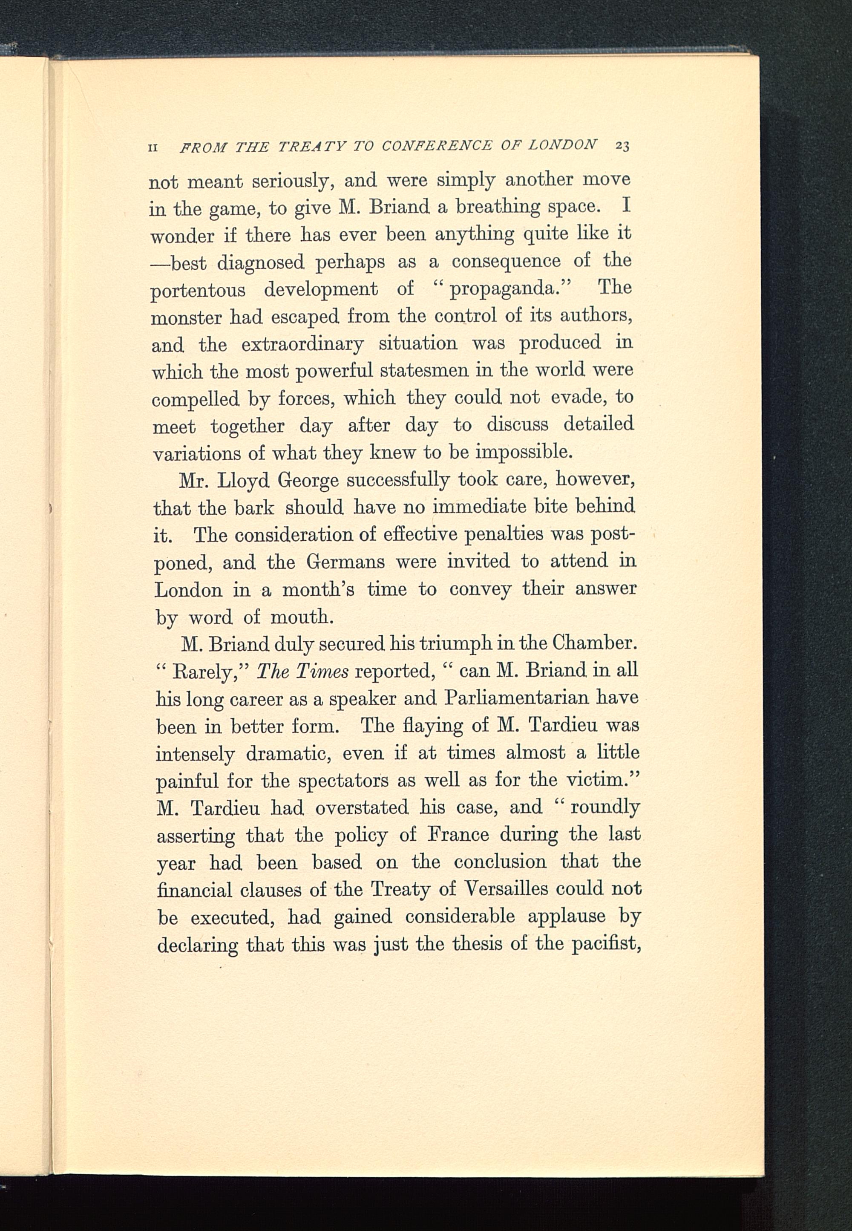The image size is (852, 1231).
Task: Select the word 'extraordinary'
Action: coord(302,344)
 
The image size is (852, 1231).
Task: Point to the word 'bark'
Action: coord(254,507)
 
